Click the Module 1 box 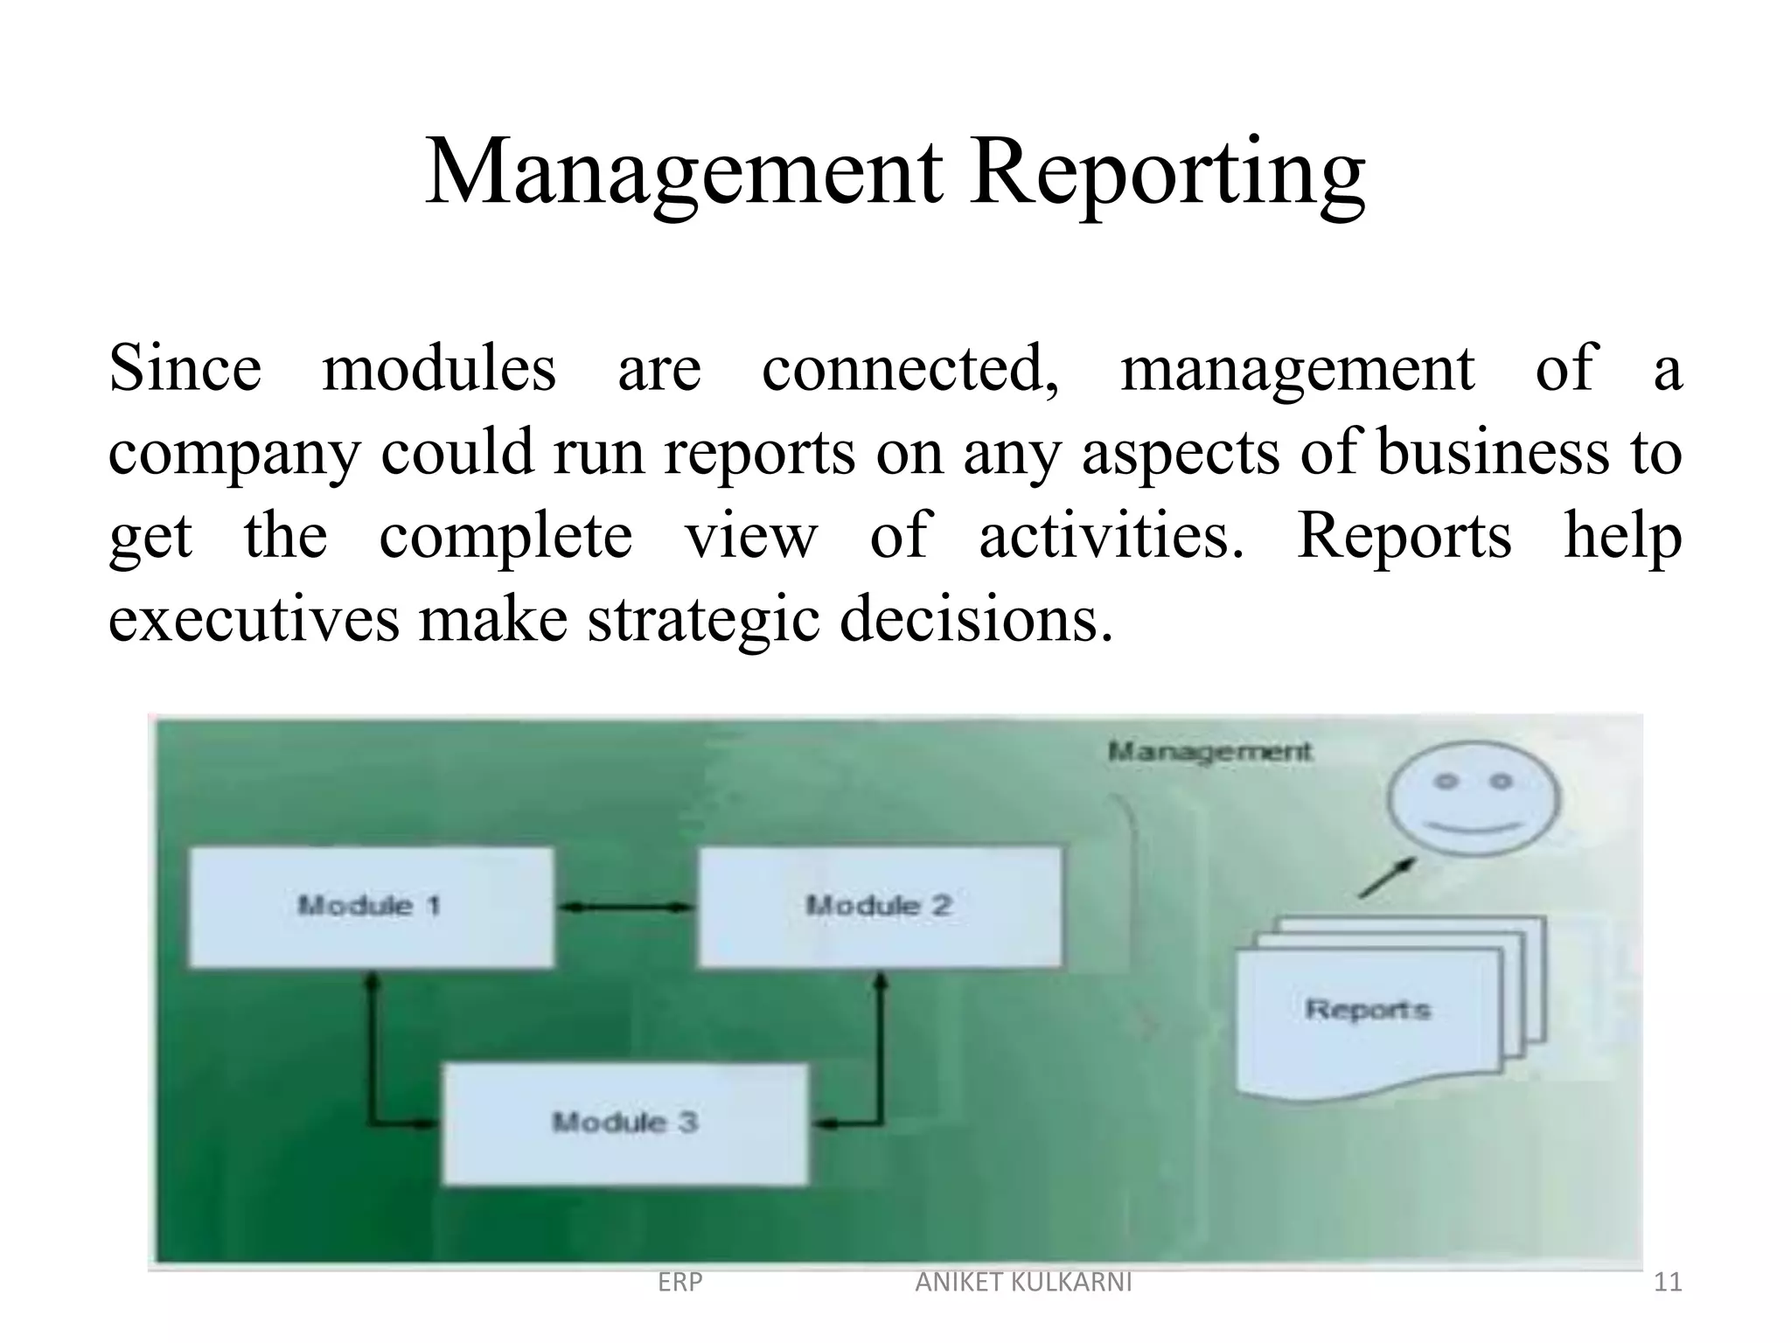pyautogui.click(x=371, y=906)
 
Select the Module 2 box pyautogui.click(x=880, y=906)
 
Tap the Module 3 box pyautogui.click(x=625, y=1123)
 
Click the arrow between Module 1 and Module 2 pyautogui.click(x=625, y=908)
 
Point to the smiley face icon pyautogui.click(x=1474, y=797)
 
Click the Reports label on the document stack pyautogui.click(x=1368, y=1009)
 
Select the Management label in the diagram pyautogui.click(x=1210, y=751)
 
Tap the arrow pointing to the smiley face pyautogui.click(x=1387, y=877)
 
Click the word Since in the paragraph pyautogui.click(x=185, y=368)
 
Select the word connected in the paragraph pyautogui.click(x=909, y=368)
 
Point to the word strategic pyautogui.click(x=703, y=620)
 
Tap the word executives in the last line pyautogui.click(x=253, y=620)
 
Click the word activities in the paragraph pyautogui.click(x=1110, y=536)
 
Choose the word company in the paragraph pyautogui.click(x=233, y=454)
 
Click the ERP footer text pyautogui.click(x=679, y=1282)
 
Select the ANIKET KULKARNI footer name pyautogui.click(x=1023, y=1282)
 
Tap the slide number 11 pyautogui.click(x=1668, y=1282)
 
